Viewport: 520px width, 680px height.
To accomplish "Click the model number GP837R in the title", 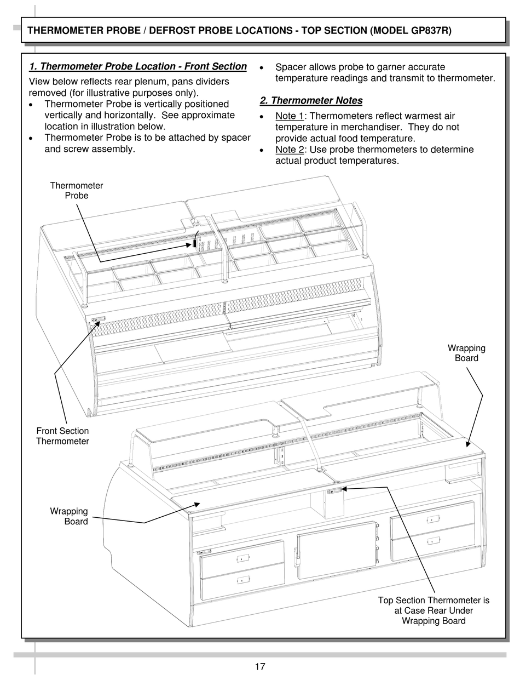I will click(x=430, y=31).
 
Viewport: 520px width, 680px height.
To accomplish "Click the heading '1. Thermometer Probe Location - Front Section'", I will click(x=138, y=67).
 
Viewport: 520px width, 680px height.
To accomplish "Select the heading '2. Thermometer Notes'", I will click(x=311, y=101).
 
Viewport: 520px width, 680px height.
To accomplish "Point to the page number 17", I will click(x=260, y=667).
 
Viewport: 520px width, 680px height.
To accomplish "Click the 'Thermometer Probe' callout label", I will click(x=77, y=191).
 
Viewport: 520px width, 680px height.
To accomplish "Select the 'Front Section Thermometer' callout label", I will click(x=62, y=436).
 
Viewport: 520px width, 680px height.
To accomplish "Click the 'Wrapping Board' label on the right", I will click(x=466, y=353).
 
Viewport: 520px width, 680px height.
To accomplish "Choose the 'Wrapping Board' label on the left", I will click(x=69, y=517).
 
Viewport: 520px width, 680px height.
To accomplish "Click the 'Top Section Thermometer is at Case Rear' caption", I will click(x=434, y=610).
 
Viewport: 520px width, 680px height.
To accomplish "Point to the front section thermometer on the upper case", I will click(x=99, y=318).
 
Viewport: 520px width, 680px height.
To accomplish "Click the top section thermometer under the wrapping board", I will click(x=333, y=490).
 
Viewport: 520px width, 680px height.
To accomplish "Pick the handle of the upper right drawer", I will click(x=432, y=518).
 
